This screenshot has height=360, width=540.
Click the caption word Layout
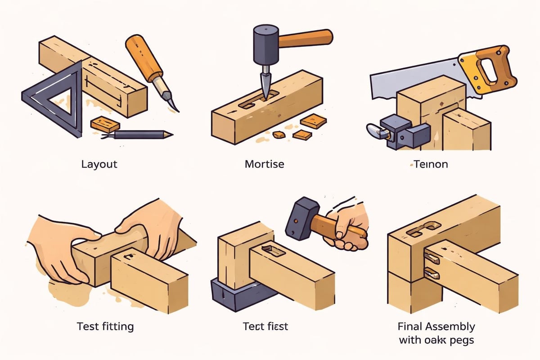coord(99,164)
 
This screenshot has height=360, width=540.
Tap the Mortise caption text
coord(264,164)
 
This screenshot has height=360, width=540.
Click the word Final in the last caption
coord(410,326)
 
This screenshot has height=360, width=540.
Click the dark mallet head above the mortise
coord(266,43)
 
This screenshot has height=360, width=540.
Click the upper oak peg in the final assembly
coord(432,257)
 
